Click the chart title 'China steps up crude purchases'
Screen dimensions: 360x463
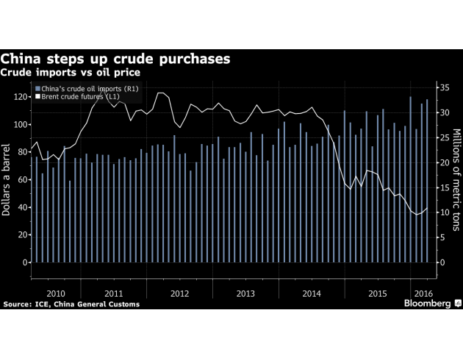click(x=115, y=58)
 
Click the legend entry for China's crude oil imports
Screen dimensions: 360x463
click(x=90, y=89)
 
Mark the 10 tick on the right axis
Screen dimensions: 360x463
click(x=442, y=212)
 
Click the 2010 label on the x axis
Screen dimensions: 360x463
click(x=56, y=292)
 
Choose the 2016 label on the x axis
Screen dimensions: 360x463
click(x=423, y=292)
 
